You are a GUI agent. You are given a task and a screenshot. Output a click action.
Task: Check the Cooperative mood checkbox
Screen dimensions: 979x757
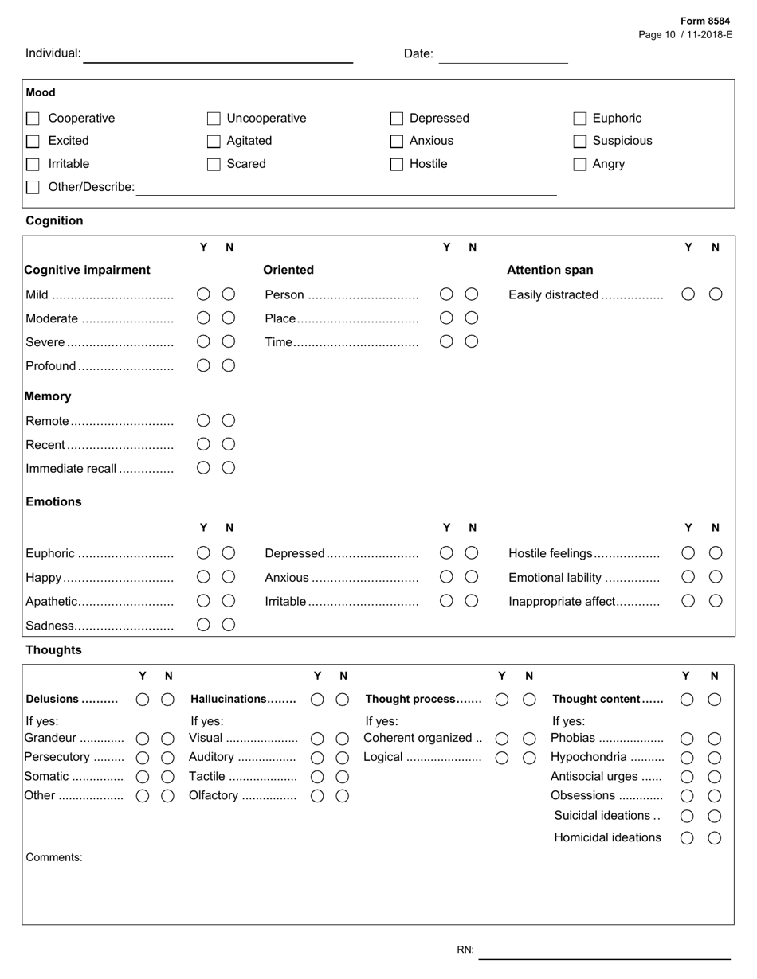(x=33, y=119)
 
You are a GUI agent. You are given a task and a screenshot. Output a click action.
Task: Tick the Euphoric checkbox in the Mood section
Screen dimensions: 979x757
(x=580, y=119)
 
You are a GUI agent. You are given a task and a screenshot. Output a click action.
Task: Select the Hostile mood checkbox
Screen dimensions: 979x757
(x=397, y=165)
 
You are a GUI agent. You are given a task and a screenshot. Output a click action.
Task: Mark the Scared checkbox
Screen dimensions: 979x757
(x=214, y=165)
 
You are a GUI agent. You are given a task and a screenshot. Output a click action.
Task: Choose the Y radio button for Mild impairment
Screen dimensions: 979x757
(x=203, y=294)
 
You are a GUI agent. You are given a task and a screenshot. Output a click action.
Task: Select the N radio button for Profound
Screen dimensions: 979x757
(x=229, y=365)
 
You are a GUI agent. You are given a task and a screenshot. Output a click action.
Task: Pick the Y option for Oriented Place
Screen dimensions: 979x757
(x=446, y=318)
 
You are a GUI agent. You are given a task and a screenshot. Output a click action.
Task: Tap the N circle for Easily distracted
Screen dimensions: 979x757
(x=716, y=294)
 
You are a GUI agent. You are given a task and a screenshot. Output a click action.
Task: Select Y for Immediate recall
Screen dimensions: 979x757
(x=203, y=468)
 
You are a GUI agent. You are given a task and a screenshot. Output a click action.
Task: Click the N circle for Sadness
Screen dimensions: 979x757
(x=229, y=625)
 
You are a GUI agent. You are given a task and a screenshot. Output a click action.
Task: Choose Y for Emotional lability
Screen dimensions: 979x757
(x=688, y=577)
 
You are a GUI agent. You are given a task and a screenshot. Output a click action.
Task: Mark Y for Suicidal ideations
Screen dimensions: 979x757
(x=687, y=816)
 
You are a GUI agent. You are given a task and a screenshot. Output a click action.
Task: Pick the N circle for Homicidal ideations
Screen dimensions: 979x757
(x=715, y=837)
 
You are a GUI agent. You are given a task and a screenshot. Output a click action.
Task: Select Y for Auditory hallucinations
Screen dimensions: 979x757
(x=317, y=758)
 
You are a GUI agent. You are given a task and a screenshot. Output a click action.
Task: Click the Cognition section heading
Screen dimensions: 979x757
(x=54, y=220)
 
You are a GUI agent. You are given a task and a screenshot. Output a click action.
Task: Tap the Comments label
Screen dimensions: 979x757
(x=54, y=857)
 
